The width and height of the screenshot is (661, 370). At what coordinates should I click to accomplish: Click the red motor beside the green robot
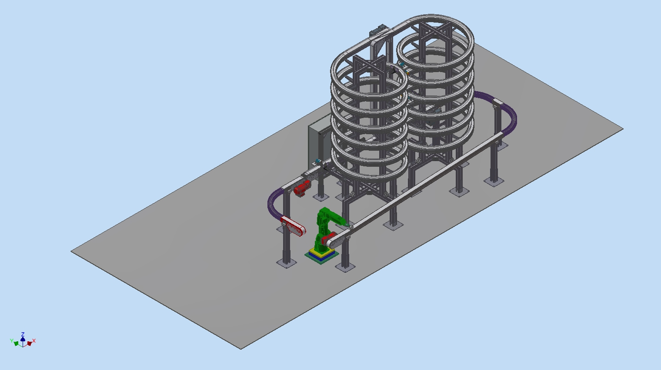[x=329, y=238]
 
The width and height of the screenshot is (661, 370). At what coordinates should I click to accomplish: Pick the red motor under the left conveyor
[x=302, y=188]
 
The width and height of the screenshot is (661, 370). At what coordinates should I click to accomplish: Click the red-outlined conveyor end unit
[x=293, y=226]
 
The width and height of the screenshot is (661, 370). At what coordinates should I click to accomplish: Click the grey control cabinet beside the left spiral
[x=319, y=142]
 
